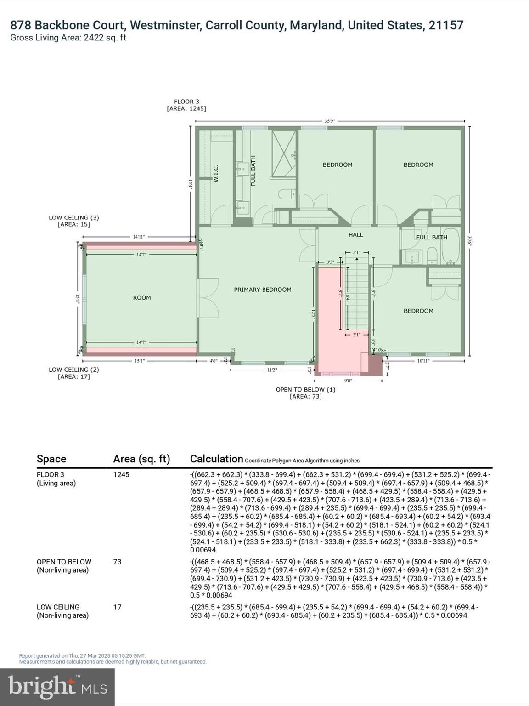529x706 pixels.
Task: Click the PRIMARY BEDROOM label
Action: (x=263, y=290)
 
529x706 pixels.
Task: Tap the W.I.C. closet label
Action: (x=216, y=173)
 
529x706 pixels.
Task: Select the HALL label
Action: (x=355, y=235)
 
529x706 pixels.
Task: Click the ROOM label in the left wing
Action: (x=142, y=298)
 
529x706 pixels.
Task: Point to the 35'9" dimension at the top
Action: (x=330, y=121)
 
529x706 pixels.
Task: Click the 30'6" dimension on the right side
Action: (x=469, y=241)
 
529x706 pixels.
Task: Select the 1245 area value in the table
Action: (x=121, y=474)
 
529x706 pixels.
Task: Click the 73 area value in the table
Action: (x=118, y=562)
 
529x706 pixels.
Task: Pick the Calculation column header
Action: (x=216, y=459)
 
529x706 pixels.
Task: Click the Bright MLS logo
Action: (x=57, y=687)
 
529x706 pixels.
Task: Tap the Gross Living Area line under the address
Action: (x=68, y=38)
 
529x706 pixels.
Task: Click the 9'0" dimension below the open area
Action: (x=348, y=381)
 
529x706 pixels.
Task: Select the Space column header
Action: (x=51, y=459)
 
